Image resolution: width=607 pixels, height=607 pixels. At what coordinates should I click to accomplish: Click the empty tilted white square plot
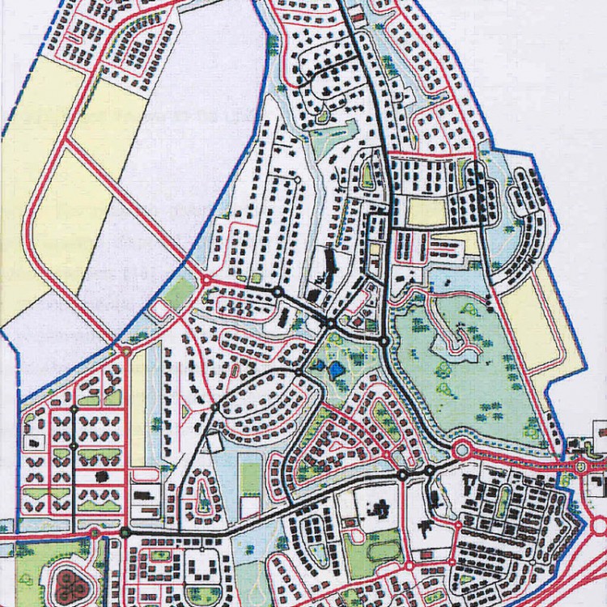pyautogui.click(x=213, y=444)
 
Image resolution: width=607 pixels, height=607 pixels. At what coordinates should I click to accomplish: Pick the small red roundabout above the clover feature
pyautogui.click(x=95, y=533)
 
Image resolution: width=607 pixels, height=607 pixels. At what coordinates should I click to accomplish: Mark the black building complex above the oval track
pyautogui.click(x=378, y=509)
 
